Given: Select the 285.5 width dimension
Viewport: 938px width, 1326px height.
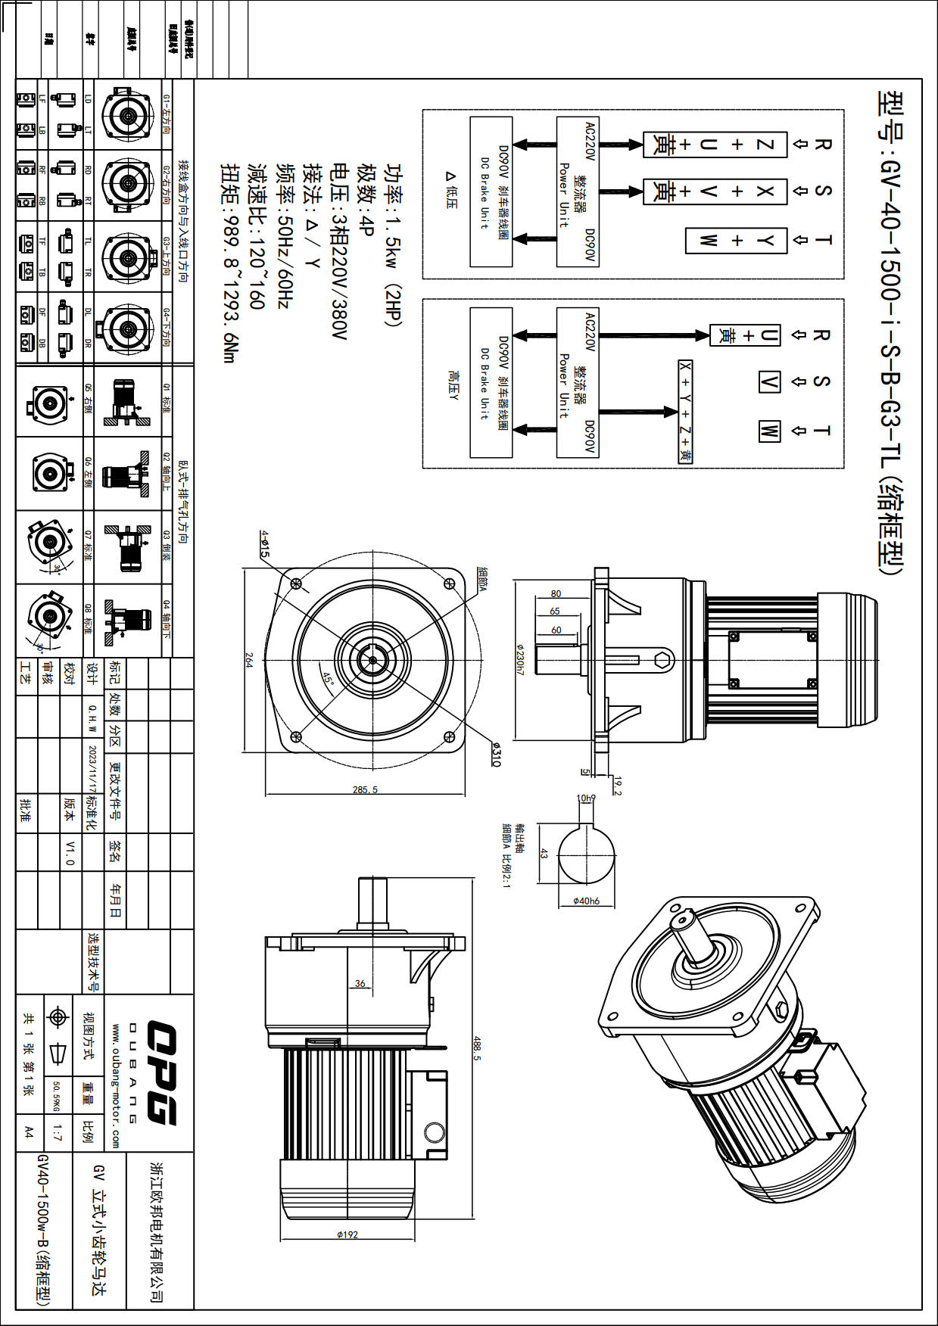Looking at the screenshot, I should click(x=365, y=789).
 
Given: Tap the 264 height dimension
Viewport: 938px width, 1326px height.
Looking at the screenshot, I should click(x=248, y=659).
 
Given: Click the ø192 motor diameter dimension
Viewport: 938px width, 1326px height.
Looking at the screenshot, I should click(x=347, y=1234).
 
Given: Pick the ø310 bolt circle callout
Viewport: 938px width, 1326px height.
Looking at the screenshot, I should click(x=496, y=755).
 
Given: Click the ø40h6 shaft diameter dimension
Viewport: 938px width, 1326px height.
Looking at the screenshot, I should click(x=586, y=901).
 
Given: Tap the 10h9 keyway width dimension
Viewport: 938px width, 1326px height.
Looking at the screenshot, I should click(x=586, y=798).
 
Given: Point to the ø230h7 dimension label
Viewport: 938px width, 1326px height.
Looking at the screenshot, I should click(x=520, y=659).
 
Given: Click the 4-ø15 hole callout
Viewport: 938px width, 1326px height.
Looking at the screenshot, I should click(x=264, y=543).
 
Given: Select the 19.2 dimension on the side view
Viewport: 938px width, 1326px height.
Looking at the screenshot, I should click(x=618, y=786).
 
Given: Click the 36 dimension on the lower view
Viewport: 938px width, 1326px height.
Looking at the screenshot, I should click(x=360, y=983).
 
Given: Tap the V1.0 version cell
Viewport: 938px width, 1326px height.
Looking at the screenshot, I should click(x=70, y=852).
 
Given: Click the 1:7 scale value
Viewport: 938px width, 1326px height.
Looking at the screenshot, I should click(x=58, y=1133).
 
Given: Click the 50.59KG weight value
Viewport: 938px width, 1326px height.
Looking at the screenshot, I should click(x=56, y=1095).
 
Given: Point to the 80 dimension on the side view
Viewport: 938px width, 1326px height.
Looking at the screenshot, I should click(x=556, y=594).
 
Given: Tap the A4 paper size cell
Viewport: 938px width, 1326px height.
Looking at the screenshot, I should click(x=29, y=1132).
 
